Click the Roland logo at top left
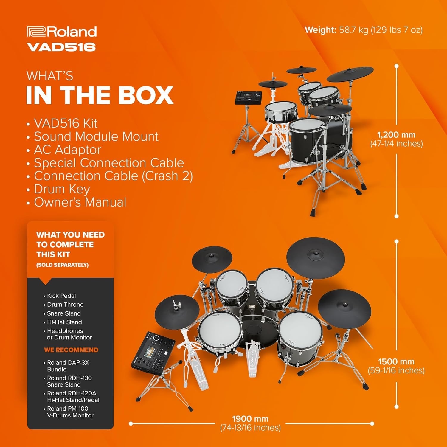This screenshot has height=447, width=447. pyautogui.click(x=61, y=32)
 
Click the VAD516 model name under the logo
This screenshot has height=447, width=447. pyautogui.click(x=61, y=47)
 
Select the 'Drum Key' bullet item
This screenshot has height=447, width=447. pyautogui.click(x=62, y=189)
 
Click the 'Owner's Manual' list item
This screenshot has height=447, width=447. pyautogui.click(x=80, y=202)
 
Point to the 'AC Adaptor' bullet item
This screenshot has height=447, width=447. pyautogui.click(x=67, y=150)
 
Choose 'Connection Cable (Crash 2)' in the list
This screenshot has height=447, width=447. pyautogui.click(x=113, y=176)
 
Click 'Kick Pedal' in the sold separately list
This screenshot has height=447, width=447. pyautogui.click(x=61, y=296)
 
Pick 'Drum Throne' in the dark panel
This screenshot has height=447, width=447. pyautogui.click(x=65, y=305)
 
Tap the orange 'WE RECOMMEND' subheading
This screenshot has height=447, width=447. pyautogui.click(x=71, y=350)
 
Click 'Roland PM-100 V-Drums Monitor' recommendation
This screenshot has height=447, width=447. pyautogui.click(x=70, y=412)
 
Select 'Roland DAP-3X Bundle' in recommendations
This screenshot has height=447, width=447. pyautogui.click(x=68, y=366)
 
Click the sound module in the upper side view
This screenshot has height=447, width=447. pyautogui.click(x=249, y=98)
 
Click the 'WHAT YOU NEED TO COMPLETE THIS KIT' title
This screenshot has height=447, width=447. pyautogui.click(x=70, y=244)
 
